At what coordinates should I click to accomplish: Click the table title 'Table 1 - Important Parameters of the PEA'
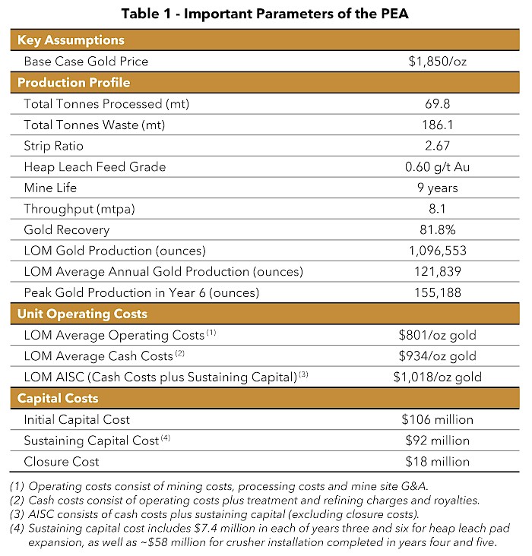[x=265, y=14]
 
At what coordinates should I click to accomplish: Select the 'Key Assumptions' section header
[x=71, y=40]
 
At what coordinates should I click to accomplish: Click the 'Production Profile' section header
[x=74, y=83]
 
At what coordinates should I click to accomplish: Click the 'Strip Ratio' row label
[x=54, y=146]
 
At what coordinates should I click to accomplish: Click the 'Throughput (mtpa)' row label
[x=75, y=208]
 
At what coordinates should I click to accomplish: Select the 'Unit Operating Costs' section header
[x=82, y=314]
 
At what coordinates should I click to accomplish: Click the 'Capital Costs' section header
[x=58, y=398]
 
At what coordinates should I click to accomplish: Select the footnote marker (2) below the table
[x=17, y=500]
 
